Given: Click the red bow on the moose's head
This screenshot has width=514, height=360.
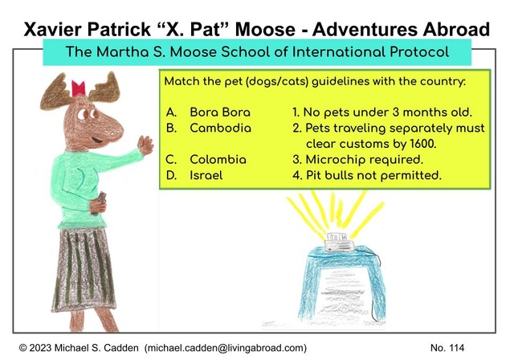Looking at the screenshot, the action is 79,88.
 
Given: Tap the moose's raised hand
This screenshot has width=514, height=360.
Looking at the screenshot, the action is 145,145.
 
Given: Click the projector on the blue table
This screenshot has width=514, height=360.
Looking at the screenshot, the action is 338,241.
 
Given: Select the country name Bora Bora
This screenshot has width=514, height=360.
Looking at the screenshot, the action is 220,112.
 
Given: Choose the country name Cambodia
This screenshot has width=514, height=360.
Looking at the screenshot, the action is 220,128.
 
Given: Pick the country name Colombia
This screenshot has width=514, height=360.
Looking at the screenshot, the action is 218,159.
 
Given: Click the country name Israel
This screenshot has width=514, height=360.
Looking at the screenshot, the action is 206,175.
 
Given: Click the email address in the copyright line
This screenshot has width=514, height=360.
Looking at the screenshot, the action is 226,348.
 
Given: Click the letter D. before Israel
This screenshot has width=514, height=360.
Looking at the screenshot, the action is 171,175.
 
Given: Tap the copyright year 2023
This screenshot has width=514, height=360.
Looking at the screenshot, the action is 40,348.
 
